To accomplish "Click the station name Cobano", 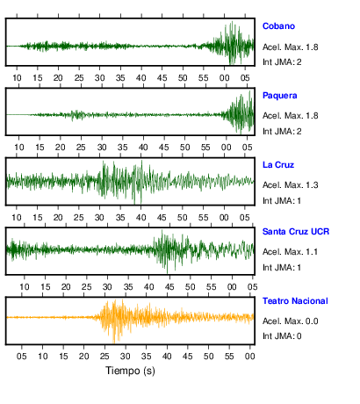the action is pos(278,26).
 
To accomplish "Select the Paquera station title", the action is pos(279,96).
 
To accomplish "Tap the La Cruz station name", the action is pos(278,165).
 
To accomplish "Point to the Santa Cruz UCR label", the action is pos(296,232).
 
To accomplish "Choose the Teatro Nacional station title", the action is pos(295,301).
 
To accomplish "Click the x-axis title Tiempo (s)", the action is pos(130,371).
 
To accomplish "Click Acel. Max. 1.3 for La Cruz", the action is pos(290,185).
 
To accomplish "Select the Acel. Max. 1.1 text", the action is pos(290,252).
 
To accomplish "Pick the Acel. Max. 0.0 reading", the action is pos(290,321).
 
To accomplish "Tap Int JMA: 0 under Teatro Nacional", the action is pos(282,335).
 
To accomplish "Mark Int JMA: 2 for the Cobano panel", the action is pos(282,62).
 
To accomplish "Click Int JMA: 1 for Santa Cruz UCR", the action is pos(282,268).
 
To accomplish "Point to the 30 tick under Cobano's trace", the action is pos(100,78).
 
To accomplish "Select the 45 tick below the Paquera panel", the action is pos(164,148).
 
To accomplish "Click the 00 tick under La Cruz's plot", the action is pos(224,218).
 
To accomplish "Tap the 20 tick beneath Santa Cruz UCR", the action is pos(66,287).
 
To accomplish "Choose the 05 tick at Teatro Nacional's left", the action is pos(22,357).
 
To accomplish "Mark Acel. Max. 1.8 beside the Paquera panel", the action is pos(290,116).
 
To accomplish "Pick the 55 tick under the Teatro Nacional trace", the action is pos(229,357).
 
